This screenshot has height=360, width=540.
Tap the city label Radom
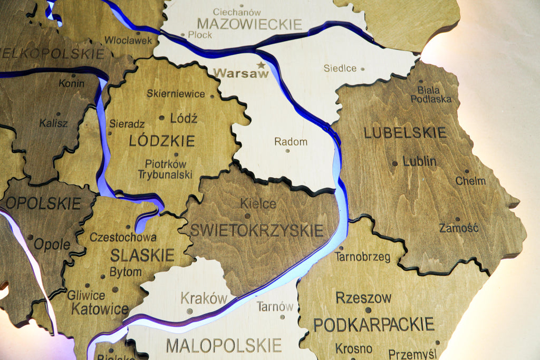coord(291,142)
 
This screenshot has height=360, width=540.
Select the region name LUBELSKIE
coord(405,133)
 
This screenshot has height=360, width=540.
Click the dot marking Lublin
coord(395,163)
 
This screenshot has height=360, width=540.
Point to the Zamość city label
coord(459,228)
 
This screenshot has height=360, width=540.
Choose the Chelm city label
coord(470,181)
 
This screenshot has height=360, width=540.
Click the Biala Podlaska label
coord(431,94)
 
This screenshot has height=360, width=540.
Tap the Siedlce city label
coord(340,69)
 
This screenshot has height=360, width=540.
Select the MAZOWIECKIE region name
coord(249,24)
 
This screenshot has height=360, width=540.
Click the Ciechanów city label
coord(237,12)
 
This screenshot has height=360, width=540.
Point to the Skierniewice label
coord(176,94)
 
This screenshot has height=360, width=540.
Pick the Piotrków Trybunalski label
coord(165,169)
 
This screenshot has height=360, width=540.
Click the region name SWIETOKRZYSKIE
coord(256,230)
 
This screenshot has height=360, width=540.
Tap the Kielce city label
coord(258,203)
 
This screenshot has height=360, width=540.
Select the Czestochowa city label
coord(123,237)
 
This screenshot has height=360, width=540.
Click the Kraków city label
coord(204,298)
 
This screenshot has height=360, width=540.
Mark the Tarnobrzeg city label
coord(362,257)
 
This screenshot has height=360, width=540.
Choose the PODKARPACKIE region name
coord(374,324)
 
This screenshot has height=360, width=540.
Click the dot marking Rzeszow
coord(368,310)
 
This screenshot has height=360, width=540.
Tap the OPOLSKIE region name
coord(43,203)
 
